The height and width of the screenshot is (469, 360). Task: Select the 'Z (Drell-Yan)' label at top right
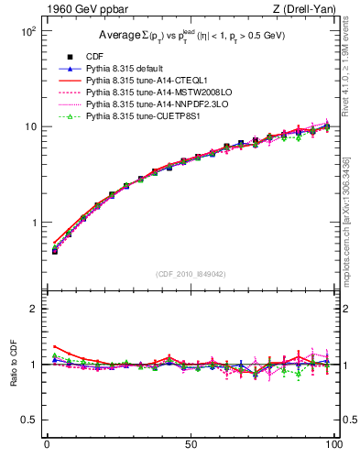pos(301,8)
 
